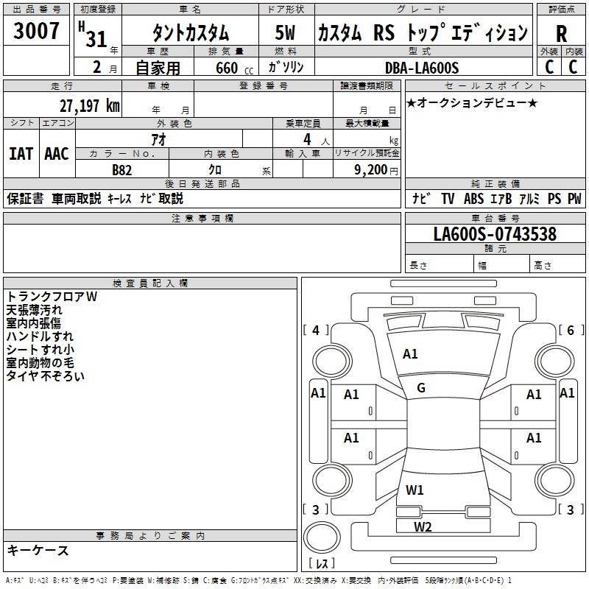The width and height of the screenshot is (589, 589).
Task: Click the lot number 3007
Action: [37, 32]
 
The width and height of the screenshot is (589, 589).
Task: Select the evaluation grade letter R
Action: [561, 34]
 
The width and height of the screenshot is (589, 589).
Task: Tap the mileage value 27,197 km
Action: [88, 105]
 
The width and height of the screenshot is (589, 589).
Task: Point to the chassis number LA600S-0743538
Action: [495, 235]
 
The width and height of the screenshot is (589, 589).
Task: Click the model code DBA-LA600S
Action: [422, 68]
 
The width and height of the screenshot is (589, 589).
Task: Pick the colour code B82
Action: [122, 169]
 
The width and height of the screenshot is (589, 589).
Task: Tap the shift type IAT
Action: [21, 154]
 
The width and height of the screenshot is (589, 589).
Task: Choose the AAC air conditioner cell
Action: [57, 154]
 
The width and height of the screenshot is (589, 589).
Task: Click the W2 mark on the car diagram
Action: [423, 526]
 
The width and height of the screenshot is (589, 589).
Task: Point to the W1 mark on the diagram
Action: [415, 490]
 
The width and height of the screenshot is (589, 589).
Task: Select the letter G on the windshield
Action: [421, 387]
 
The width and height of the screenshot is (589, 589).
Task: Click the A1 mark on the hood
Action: [410, 354]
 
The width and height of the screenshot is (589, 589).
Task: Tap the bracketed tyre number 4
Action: [316, 331]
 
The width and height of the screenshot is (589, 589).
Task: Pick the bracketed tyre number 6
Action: [571, 331]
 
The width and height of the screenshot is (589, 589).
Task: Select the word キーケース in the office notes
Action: [38, 551]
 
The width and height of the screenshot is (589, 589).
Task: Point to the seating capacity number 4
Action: [306, 138]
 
